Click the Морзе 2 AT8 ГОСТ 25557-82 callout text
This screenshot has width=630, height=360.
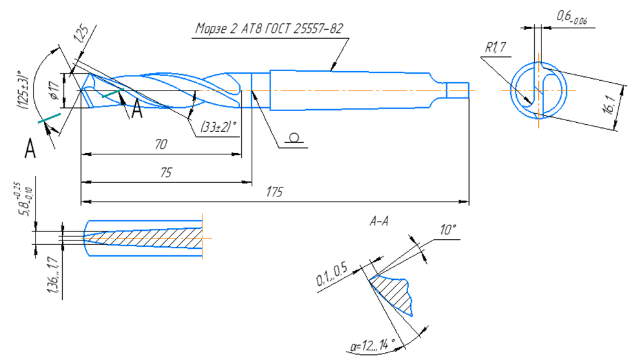[269, 28]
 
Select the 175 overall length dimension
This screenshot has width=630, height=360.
[275, 192]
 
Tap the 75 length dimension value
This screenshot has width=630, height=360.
[166, 173]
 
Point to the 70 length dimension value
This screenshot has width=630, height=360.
[160, 144]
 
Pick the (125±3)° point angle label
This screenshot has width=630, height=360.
[23, 90]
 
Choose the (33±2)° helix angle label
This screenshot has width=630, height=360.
[218, 127]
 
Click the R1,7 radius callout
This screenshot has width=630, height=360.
[495, 47]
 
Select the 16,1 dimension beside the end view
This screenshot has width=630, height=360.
[611, 105]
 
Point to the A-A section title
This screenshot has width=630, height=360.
[379, 221]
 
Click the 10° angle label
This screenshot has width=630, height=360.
[448, 230]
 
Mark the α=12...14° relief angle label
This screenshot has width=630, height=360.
[373, 345]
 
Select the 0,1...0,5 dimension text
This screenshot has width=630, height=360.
[332, 276]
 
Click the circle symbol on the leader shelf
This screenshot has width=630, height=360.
[294, 138]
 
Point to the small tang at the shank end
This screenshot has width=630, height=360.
[458, 90]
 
